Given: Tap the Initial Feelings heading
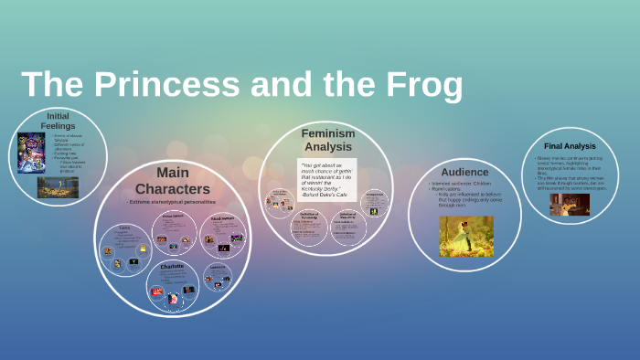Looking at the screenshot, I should (x=58, y=121).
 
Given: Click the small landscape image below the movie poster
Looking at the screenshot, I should (x=58, y=187).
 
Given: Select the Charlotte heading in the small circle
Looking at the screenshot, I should (x=172, y=266).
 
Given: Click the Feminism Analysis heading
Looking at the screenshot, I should (x=327, y=139).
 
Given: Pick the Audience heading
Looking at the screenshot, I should (x=464, y=172).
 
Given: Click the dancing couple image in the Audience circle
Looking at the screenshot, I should (x=465, y=236).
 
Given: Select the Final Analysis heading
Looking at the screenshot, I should (x=570, y=146).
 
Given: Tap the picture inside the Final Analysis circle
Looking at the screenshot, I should (x=570, y=205).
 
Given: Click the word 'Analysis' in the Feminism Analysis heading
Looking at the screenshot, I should (x=327, y=146).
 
